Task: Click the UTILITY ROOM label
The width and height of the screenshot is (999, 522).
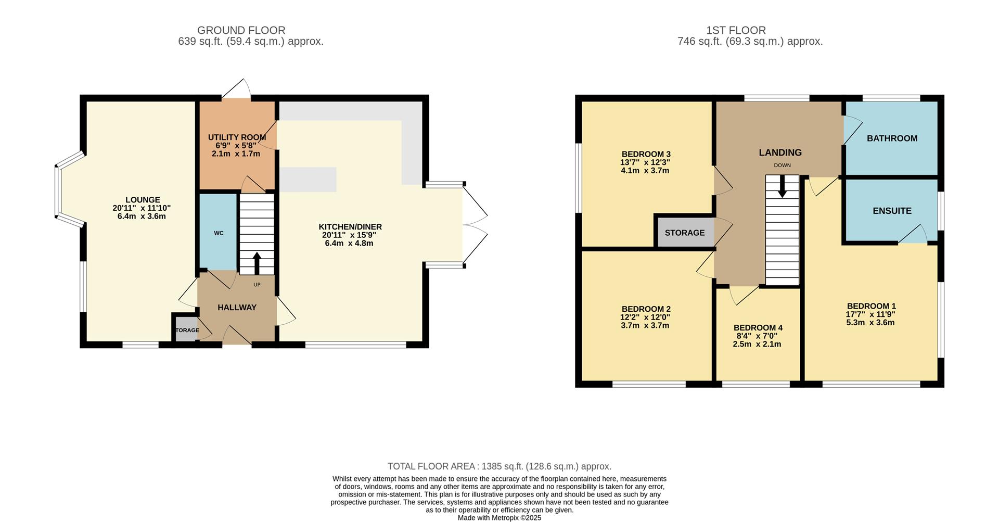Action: pos(237,137)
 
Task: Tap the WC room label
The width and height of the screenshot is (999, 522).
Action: pos(219,233)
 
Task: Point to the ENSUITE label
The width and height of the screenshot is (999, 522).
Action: pos(892,211)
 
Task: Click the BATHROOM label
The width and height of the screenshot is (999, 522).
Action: pos(892,138)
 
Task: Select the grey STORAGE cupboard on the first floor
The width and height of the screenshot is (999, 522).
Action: pos(684,233)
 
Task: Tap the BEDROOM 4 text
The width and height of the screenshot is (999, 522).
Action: pos(758,328)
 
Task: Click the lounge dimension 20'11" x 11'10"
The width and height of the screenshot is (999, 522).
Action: pos(142,208)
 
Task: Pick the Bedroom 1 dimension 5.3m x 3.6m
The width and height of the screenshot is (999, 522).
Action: pos(870,323)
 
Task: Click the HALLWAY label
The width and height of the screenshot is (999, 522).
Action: pos(237,308)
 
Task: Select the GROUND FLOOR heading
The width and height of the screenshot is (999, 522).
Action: pos(241,31)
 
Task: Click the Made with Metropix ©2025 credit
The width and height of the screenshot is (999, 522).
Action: pos(499,518)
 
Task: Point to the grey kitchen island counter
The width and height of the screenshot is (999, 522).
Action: pos(308,180)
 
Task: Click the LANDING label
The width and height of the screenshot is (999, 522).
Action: pos(780,152)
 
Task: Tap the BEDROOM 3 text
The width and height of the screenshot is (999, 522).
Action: pos(646,154)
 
